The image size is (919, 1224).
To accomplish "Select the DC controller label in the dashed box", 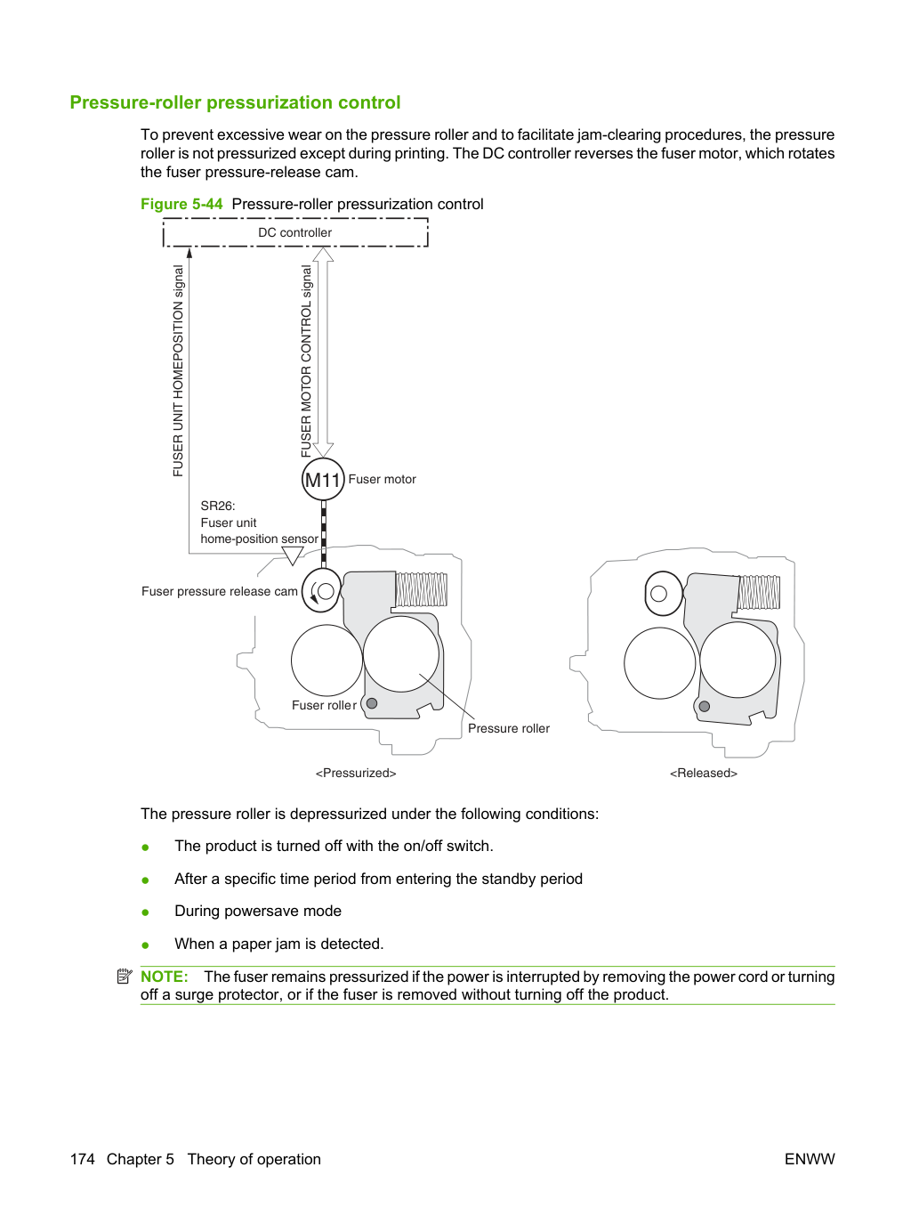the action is [x=294, y=232].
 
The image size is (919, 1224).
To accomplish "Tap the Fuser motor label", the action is [x=383, y=479].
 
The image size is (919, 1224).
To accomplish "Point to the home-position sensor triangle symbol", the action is [x=293, y=555].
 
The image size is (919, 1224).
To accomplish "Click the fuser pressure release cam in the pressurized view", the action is [x=321, y=590].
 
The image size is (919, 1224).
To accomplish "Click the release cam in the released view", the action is [x=663, y=594].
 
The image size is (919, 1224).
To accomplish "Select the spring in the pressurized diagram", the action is [x=422, y=589].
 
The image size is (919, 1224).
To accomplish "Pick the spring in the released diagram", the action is [x=759, y=592].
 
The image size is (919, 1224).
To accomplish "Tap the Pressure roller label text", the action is [x=509, y=728].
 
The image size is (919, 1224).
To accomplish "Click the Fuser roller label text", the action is [x=325, y=705].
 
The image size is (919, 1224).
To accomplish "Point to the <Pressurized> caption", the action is [x=356, y=773].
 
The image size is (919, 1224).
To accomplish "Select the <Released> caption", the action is [x=704, y=773].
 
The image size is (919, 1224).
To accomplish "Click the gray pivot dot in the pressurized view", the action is [x=372, y=703].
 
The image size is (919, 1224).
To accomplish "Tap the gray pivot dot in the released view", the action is [x=705, y=707].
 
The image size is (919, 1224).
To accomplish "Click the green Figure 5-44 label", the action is [x=181, y=204].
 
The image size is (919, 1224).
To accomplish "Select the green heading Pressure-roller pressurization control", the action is [x=235, y=102].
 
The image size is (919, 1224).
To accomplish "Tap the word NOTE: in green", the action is [x=165, y=977].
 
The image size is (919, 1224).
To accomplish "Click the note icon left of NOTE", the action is [x=125, y=977].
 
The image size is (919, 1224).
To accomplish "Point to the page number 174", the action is [x=83, y=1159].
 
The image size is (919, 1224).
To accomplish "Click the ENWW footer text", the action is [x=810, y=1159].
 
